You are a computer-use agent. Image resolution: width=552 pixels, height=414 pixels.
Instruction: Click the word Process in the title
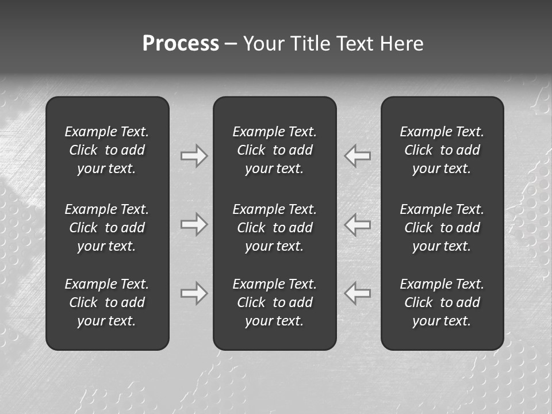(x=181, y=44)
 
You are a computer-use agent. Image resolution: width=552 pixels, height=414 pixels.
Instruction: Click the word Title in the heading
(x=313, y=44)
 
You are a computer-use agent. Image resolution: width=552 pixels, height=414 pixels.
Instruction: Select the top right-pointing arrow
(x=194, y=156)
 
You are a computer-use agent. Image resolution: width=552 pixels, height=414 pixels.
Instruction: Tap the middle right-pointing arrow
(x=194, y=224)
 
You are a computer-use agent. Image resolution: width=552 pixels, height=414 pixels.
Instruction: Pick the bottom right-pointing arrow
(x=194, y=293)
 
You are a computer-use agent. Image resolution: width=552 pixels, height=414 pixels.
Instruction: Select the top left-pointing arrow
(x=358, y=156)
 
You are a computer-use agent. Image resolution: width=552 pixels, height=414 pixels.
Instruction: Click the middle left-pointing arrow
(x=358, y=224)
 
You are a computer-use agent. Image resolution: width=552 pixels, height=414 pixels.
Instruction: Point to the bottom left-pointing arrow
(x=358, y=293)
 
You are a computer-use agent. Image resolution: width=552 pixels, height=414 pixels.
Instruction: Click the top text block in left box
(x=107, y=150)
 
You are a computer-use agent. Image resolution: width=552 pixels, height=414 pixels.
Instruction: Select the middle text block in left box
(x=107, y=228)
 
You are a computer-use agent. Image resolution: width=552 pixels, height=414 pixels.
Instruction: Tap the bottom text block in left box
(x=107, y=302)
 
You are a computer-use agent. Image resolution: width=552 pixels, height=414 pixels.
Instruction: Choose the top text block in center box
(x=275, y=150)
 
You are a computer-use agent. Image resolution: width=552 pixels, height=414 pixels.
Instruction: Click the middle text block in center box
(x=275, y=228)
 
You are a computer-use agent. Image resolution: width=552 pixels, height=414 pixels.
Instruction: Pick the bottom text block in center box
(x=275, y=302)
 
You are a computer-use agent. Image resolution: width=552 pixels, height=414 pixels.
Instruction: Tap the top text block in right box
(x=442, y=150)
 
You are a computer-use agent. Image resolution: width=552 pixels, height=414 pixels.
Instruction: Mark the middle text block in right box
(x=442, y=228)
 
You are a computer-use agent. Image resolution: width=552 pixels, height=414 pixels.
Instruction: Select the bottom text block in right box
(x=442, y=302)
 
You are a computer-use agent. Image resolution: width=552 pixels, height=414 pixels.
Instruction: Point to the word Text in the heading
(x=357, y=44)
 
